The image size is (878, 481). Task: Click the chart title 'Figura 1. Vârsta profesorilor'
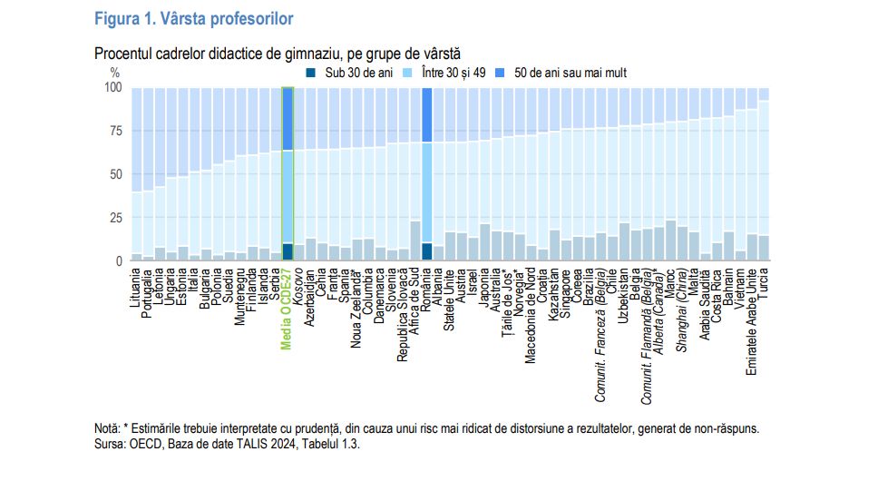tap(194, 17)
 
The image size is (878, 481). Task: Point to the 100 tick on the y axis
tap(112, 88)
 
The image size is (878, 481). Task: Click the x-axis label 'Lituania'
tap(137, 290)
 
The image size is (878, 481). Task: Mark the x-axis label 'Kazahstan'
tap(555, 293)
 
